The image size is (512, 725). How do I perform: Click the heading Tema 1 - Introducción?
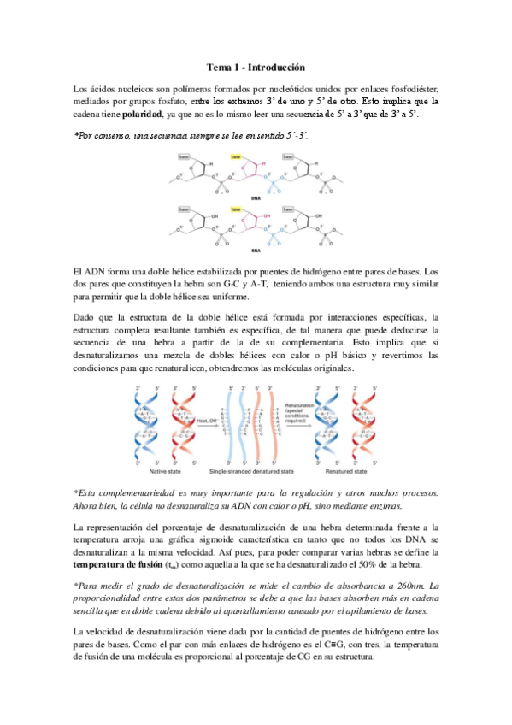[x=256, y=67]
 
